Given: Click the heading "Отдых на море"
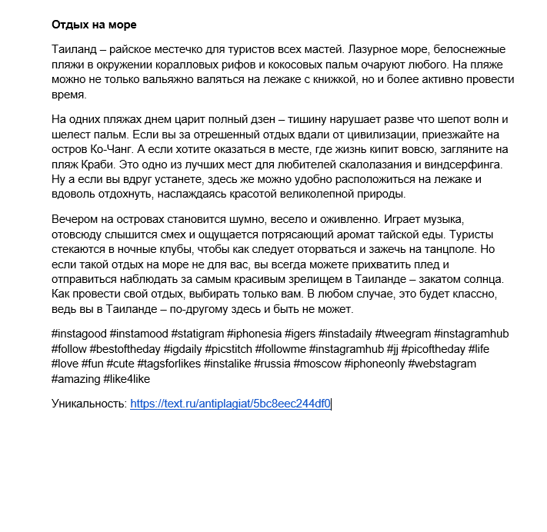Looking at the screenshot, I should point(94,25).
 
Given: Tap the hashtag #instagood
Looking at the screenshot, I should point(78,334).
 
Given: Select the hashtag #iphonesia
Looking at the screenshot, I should point(253,334).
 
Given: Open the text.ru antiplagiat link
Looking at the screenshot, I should point(230,404).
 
